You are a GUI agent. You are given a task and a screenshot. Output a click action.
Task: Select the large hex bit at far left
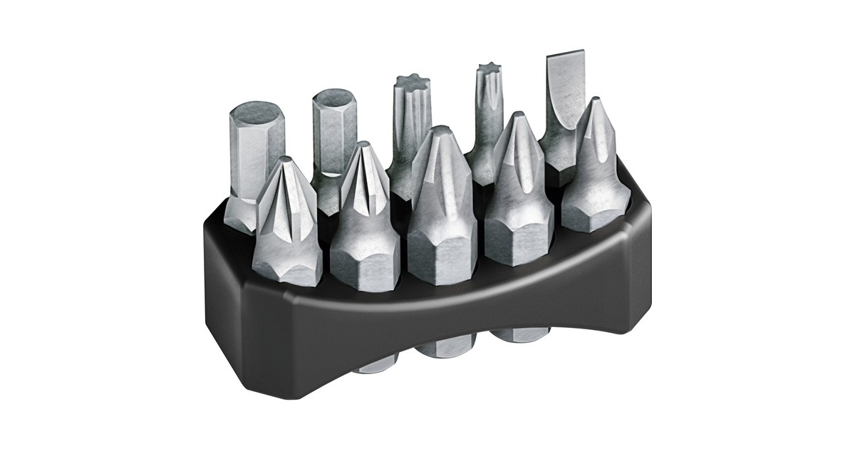pyautogui.click(x=255, y=150)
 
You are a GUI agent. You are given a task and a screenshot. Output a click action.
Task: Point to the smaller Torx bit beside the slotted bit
pyautogui.click(x=489, y=121)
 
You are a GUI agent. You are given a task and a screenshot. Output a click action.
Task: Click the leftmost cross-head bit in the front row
pyautogui.click(x=285, y=221)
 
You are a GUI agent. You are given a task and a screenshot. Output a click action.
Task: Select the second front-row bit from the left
pyautogui.click(x=364, y=214)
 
